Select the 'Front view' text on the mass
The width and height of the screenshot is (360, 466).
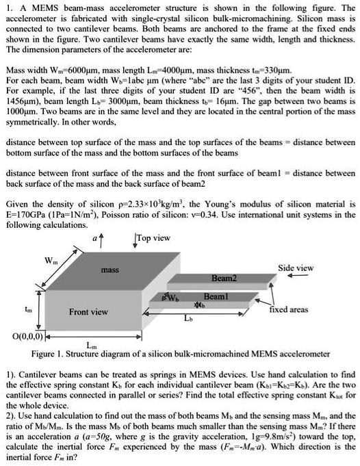[x=88, y=311]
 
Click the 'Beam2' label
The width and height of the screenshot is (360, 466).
[x=224, y=279]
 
